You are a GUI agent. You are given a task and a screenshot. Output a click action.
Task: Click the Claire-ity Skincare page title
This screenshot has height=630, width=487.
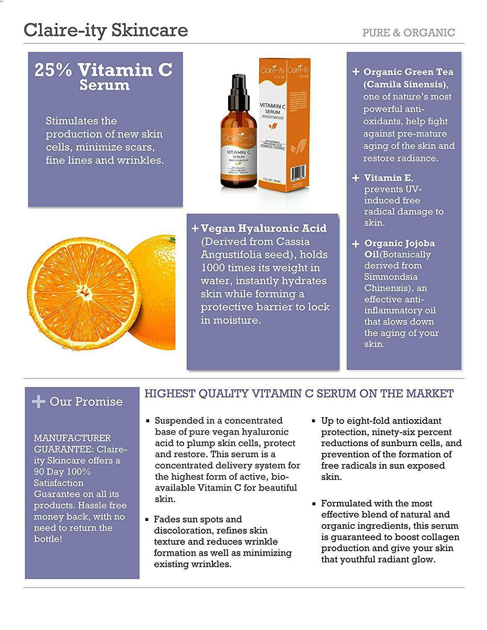pos(105,30)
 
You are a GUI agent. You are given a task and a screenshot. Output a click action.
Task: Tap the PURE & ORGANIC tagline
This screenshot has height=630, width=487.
pos(408,33)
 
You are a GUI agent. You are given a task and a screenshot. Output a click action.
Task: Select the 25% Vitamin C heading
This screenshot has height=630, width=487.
pos(103,70)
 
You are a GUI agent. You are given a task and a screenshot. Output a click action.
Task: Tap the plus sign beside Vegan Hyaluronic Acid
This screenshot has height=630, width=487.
pos(195,228)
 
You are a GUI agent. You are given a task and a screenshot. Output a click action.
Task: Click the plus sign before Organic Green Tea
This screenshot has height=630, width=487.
pos(355,72)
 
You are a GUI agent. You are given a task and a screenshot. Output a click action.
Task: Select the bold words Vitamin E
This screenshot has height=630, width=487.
pos(388,178)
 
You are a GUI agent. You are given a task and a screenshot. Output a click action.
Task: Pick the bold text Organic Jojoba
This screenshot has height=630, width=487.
pos(399,243)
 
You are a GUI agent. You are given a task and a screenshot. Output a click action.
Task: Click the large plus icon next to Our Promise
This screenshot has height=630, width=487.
pos(38,402)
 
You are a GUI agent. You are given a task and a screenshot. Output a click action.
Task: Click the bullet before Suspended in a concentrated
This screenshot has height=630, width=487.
pos(147,421)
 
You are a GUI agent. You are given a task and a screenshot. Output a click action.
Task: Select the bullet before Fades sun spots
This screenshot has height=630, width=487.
pos(147,520)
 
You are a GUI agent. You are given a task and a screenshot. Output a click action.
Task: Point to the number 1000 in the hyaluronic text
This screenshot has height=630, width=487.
pos(213,268)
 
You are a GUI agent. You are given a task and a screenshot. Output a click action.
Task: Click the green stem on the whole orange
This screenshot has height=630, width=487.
pos(171,239)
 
